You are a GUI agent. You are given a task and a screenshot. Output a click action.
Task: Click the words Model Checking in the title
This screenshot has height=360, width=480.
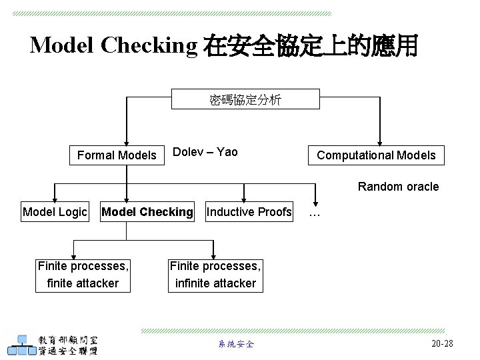[x=113, y=45]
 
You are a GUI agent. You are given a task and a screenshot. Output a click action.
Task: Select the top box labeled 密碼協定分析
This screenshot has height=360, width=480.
[x=245, y=99]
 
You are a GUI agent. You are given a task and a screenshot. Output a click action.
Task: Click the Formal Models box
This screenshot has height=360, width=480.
[x=117, y=155]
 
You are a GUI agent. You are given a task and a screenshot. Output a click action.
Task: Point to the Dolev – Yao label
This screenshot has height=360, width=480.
[x=205, y=152]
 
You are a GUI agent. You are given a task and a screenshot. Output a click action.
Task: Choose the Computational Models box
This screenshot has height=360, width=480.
[x=376, y=155]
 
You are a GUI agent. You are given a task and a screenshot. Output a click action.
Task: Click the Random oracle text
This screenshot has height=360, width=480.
[x=398, y=187]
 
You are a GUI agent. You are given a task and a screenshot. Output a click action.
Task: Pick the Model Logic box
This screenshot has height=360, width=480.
[x=55, y=212]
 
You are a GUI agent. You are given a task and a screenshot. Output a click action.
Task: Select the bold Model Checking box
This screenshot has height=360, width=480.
[x=147, y=212]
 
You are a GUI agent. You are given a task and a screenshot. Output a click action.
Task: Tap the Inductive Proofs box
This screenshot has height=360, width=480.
[x=249, y=212]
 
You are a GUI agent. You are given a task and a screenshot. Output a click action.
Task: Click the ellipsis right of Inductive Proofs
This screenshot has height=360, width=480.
[x=315, y=214]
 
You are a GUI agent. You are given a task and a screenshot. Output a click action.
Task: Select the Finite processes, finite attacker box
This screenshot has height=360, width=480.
[x=83, y=275]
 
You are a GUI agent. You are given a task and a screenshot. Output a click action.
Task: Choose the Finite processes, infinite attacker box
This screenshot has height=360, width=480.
[x=215, y=275]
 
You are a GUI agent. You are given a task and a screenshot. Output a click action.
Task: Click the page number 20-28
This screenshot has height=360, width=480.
[x=442, y=343]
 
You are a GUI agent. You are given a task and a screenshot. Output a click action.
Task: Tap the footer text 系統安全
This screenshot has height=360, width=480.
[x=236, y=344]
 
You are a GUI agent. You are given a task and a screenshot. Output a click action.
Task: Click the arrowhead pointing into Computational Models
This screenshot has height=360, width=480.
[x=380, y=142]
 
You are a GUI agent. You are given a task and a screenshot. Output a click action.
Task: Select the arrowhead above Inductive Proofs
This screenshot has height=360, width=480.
[x=245, y=198]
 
